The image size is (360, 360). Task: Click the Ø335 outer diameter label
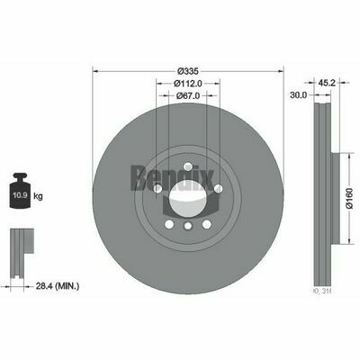click(188, 70)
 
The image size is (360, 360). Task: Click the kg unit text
click(37, 195)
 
